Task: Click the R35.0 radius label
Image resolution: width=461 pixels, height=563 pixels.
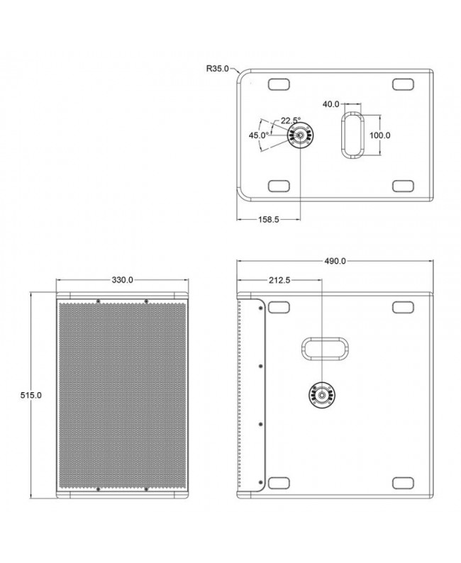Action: [x=217, y=69]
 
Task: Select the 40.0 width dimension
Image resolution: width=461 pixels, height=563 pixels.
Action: [x=331, y=104]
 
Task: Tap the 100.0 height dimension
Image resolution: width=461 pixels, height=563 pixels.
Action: [x=380, y=135]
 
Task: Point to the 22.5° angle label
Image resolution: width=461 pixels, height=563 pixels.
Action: [x=290, y=120]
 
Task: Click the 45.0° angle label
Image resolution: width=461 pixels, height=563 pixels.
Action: [x=258, y=135]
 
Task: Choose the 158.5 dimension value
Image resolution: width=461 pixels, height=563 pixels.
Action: [x=267, y=220]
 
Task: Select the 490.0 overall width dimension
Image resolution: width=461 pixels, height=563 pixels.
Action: [x=334, y=261]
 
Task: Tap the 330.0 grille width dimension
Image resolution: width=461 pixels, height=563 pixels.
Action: [x=122, y=280]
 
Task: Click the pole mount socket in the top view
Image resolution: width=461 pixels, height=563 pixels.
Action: [x=301, y=135]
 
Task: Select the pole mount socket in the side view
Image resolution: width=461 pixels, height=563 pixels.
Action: [x=322, y=394]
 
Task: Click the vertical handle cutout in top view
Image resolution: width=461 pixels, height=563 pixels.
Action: [x=352, y=134]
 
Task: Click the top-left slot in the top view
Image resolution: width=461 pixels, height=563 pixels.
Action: [x=278, y=85]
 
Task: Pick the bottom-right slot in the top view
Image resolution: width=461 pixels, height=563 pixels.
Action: [x=403, y=186]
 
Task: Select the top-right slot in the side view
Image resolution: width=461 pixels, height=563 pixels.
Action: [x=403, y=307]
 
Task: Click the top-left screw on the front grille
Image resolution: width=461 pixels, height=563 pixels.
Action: [x=98, y=301]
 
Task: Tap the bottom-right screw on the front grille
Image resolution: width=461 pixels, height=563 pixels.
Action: [x=145, y=489]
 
